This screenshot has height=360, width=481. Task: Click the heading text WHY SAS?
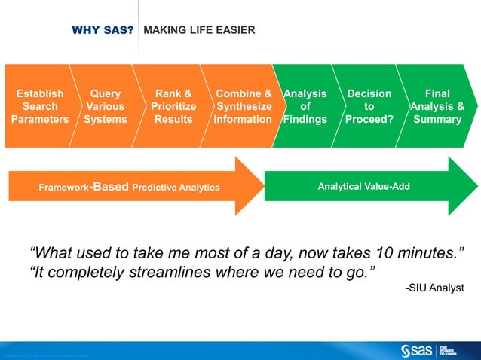click(103, 31)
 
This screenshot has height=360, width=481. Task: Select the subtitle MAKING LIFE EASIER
click(199, 30)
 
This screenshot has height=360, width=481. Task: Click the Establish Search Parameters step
click(39, 106)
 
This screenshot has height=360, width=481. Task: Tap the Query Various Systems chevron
click(105, 106)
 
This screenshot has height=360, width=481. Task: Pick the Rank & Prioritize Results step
click(173, 106)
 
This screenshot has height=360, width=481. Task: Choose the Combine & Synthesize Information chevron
click(243, 106)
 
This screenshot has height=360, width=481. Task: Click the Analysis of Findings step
click(305, 106)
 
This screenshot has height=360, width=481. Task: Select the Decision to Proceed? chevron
click(369, 106)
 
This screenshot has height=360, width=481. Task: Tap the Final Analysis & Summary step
click(437, 106)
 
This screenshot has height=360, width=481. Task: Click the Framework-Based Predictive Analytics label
click(130, 187)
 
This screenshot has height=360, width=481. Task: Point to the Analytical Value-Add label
click(363, 186)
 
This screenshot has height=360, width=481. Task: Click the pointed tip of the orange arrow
click(263, 186)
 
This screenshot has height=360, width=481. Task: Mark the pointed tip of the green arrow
click(478, 186)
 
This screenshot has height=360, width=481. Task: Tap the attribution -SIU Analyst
click(435, 288)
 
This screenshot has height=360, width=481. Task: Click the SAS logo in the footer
click(415, 350)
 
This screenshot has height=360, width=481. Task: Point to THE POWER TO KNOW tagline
click(450, 350)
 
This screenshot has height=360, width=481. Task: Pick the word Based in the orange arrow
click(110, 187)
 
